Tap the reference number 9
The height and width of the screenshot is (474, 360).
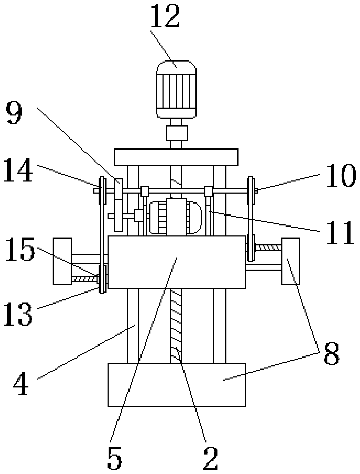point(14,114)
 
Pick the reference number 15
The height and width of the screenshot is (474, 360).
point(20,249)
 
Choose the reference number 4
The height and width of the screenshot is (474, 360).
point(21,386)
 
